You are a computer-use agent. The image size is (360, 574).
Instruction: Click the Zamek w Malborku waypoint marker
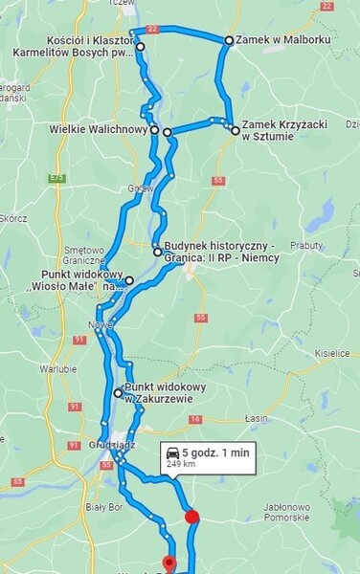tap(229, 40)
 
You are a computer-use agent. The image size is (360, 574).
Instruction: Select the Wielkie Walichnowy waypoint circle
tap(153, 129)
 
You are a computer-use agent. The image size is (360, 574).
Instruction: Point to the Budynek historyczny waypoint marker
tap(157, 252)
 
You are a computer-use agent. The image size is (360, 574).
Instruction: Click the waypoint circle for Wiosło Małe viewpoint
tap(129, 280)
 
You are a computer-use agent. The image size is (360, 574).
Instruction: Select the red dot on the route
tap(191, 518)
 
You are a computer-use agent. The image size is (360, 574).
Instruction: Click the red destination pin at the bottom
tap(169, 563)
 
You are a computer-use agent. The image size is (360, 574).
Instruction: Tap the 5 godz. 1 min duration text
tap(215, 453)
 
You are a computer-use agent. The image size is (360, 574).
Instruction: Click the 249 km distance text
tap(181, 464)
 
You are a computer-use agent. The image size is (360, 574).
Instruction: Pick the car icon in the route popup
tap(172, 453)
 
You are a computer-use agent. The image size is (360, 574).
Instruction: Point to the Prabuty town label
tap(306, 245)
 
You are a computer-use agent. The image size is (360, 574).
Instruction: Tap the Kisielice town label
tap(332, 353)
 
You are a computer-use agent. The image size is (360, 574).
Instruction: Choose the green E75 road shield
tap(58, 178)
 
